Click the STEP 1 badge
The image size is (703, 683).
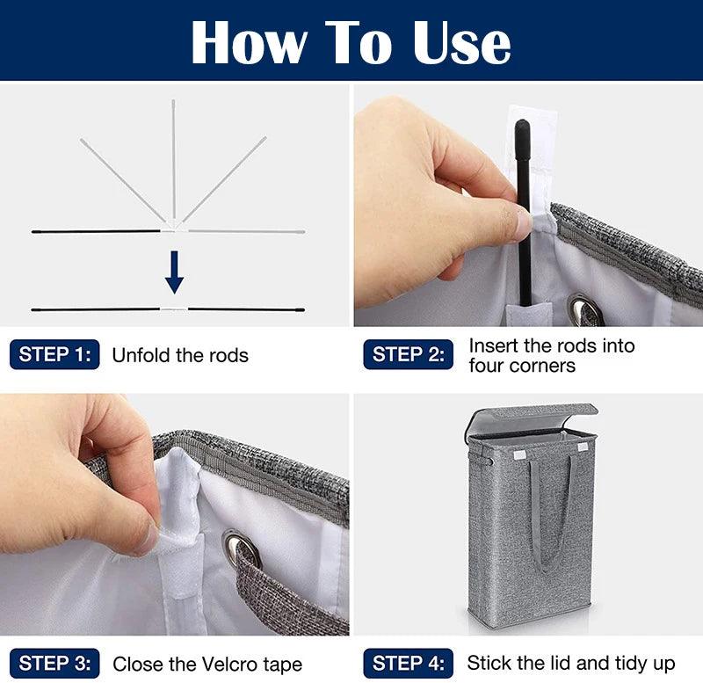click(x=54, y=354)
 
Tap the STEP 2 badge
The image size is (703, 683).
click(x=408, y=354)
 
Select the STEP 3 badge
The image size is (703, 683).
click(x=54, y=664)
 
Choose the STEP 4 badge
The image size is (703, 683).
click(x=408, y=664)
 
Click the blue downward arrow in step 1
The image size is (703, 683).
click(x=174, y=272)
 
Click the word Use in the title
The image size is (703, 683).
click(x=462, y=42)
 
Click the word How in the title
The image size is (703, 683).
click(x=250, y=42)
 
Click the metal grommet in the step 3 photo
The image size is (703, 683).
click(x=241, y=549)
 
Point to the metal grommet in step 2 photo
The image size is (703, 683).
click(x=584, y=309)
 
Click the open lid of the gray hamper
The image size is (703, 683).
click(x=532, y=417)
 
